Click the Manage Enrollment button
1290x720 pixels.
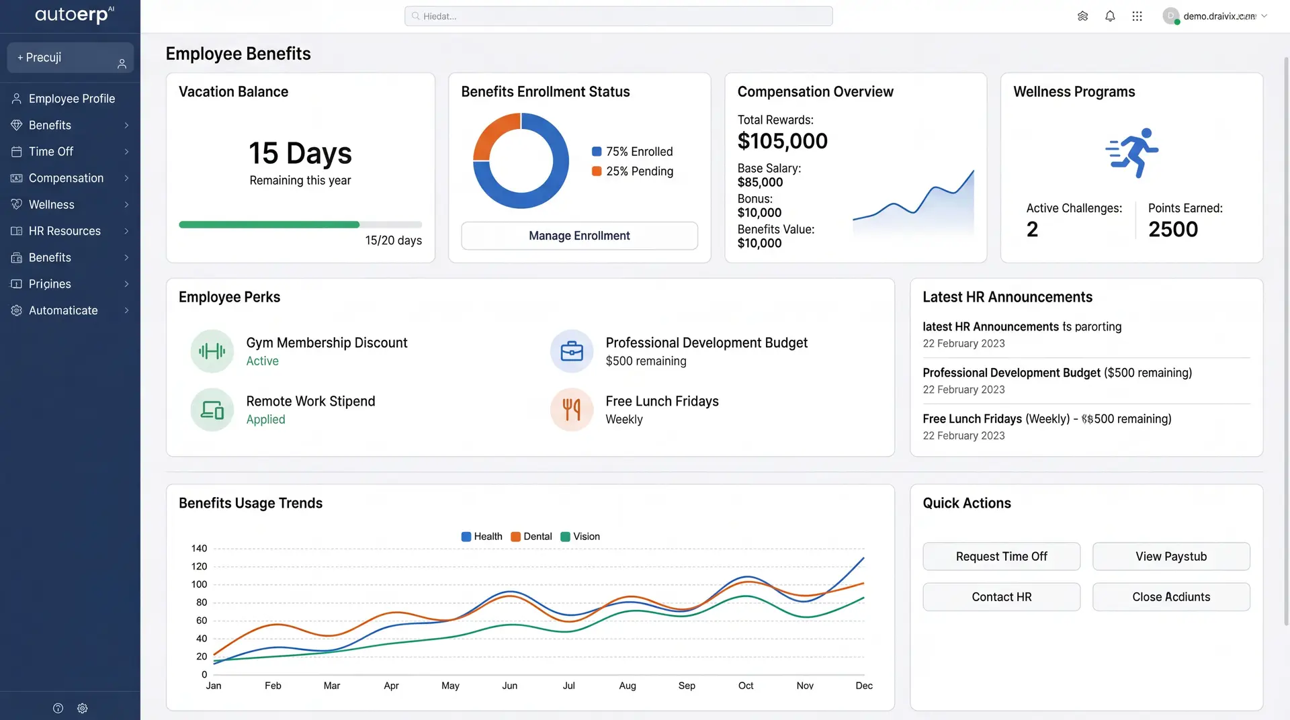tap(579, 236)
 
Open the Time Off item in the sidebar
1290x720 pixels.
tap(70, 152)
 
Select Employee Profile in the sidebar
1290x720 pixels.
tap(70, 99)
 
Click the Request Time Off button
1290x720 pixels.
tap(1001, 556)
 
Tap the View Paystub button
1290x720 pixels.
tap(1171, 556)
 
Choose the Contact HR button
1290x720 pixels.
tap(1001, 596)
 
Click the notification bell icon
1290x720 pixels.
tap(1110, 16)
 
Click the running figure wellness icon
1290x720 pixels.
tap(1132, 153)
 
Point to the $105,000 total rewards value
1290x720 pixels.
tap(782, 141)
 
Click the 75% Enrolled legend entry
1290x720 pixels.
tap(632, 152)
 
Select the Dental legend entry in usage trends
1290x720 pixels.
tap(531, 537)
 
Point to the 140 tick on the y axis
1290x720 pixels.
tap(199, 549)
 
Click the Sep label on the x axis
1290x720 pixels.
tap(687, 686)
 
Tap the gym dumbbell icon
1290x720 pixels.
tap(212, 351)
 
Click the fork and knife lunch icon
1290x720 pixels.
tap(572, 409)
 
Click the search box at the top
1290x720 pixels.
tap(618, 16)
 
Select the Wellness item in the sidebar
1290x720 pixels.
tap(70, 205)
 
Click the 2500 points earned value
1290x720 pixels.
tap(1173, 230)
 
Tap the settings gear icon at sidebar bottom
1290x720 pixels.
tap(83, 709)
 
